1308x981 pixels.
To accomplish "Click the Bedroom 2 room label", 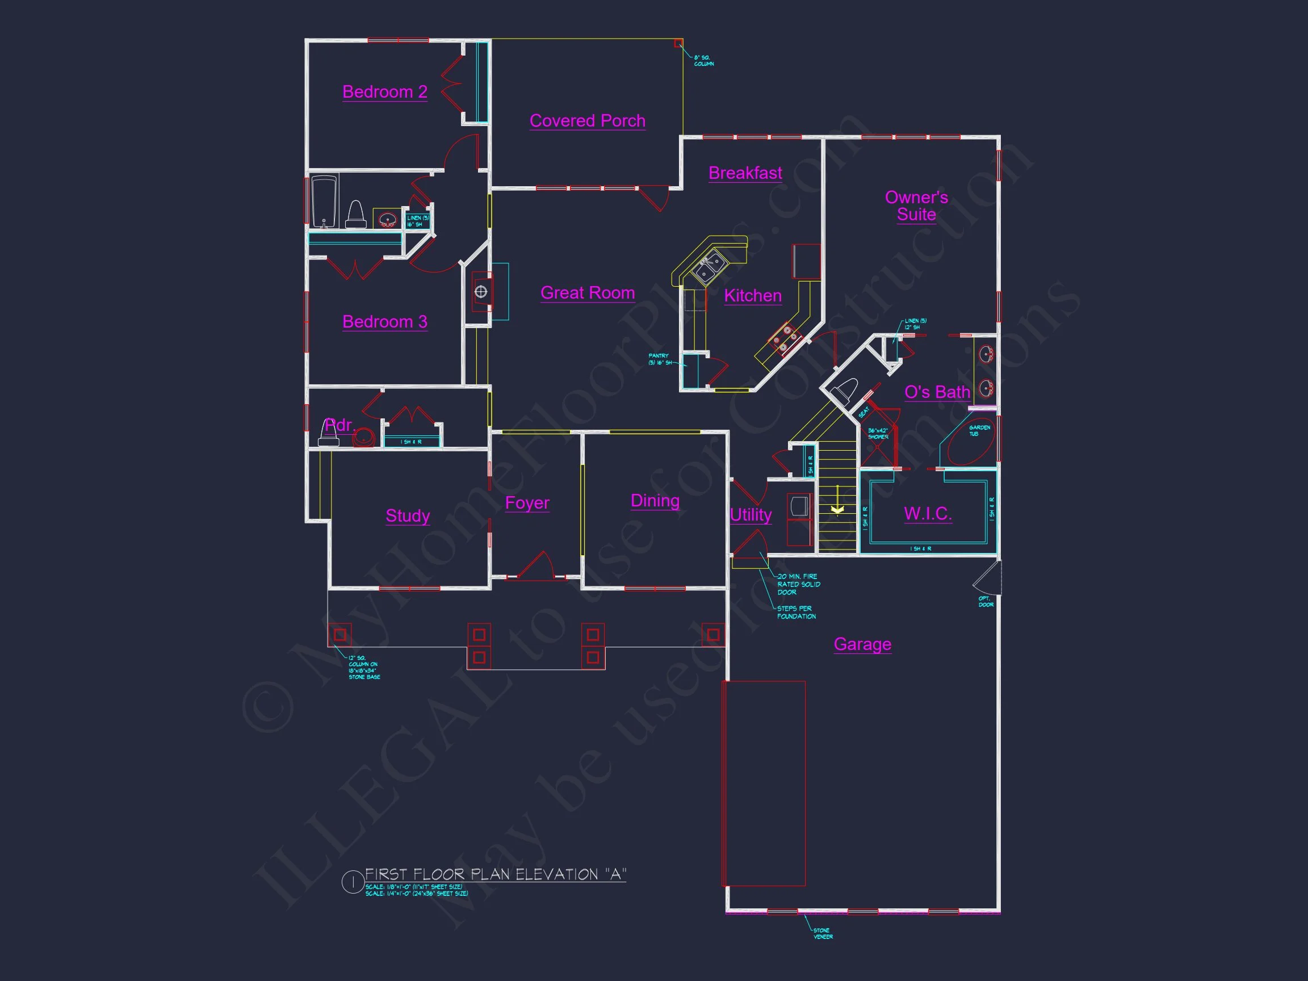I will click(384, 92).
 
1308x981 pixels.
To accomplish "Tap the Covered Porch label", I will click(587, 120).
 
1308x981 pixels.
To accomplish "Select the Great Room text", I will click(587, 293).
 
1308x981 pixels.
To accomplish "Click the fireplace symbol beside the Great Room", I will click(481, 292).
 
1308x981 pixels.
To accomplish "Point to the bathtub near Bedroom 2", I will click(324, 201).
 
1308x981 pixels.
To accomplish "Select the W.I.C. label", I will click(927, 513).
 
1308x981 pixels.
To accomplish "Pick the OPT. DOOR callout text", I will click(986, 601).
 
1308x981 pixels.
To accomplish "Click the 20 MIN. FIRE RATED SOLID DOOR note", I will click(798, 584).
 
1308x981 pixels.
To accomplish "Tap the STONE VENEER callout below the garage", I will click(823, 934).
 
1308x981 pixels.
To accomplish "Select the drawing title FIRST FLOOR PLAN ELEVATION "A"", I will click(496, 875).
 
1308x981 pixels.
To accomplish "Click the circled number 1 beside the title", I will click(353, 882).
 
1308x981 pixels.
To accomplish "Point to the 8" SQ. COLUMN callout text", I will click(703, 61).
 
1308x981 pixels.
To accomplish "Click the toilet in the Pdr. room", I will click(329, 433).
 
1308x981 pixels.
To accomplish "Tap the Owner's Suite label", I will click(916, 206).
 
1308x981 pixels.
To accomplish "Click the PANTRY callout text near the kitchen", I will click(659, 359).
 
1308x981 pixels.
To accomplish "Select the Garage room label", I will click(862, 644).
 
